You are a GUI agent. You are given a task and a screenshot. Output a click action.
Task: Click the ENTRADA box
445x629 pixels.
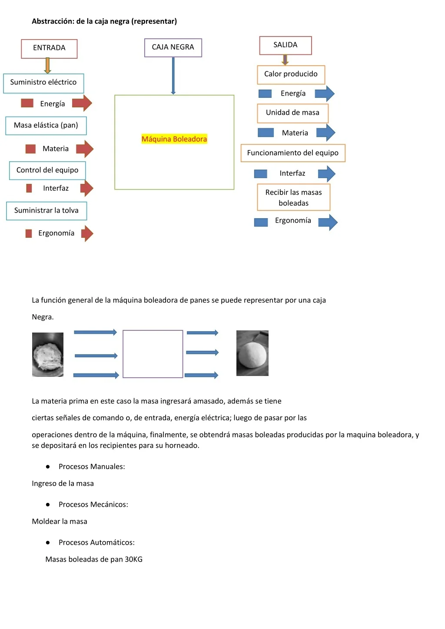(49, 49)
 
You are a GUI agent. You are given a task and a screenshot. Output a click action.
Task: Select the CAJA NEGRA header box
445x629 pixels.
(173, 47)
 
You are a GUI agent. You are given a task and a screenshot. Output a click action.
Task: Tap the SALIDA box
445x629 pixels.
(285, 45)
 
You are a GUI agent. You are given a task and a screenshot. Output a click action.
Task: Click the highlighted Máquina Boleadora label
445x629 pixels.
(174, 139)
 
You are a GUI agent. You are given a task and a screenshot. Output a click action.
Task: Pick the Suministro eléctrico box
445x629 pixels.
(43, 83)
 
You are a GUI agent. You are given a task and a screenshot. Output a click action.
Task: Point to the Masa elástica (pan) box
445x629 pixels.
(46, 126)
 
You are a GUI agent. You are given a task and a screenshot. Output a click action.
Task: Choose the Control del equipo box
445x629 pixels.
(47, 170)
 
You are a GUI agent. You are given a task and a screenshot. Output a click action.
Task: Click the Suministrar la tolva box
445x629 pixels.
(46, 210)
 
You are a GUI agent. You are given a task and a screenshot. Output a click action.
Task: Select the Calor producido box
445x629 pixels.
(291, 75)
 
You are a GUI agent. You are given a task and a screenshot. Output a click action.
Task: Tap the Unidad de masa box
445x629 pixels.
(292, 113)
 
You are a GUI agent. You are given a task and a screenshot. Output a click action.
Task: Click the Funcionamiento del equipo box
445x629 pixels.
(293, 153)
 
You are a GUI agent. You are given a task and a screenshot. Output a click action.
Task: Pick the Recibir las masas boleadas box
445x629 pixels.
(293, 197)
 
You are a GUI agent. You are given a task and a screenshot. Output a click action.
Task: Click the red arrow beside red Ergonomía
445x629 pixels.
(87, 233)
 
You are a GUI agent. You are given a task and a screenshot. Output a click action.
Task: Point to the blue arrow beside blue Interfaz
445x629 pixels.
(326, 173)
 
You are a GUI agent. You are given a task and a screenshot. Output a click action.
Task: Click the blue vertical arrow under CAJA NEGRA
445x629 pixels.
(173, 76)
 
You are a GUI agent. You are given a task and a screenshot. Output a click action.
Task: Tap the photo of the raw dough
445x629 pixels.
(48, 354)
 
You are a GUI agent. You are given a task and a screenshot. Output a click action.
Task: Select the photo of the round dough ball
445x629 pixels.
(252, 353)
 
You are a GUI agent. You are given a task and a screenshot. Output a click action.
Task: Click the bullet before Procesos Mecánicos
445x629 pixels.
(48, 505)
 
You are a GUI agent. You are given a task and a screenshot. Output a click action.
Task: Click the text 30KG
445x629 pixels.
(134, 559)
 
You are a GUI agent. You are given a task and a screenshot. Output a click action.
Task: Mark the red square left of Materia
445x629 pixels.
(30, 149)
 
